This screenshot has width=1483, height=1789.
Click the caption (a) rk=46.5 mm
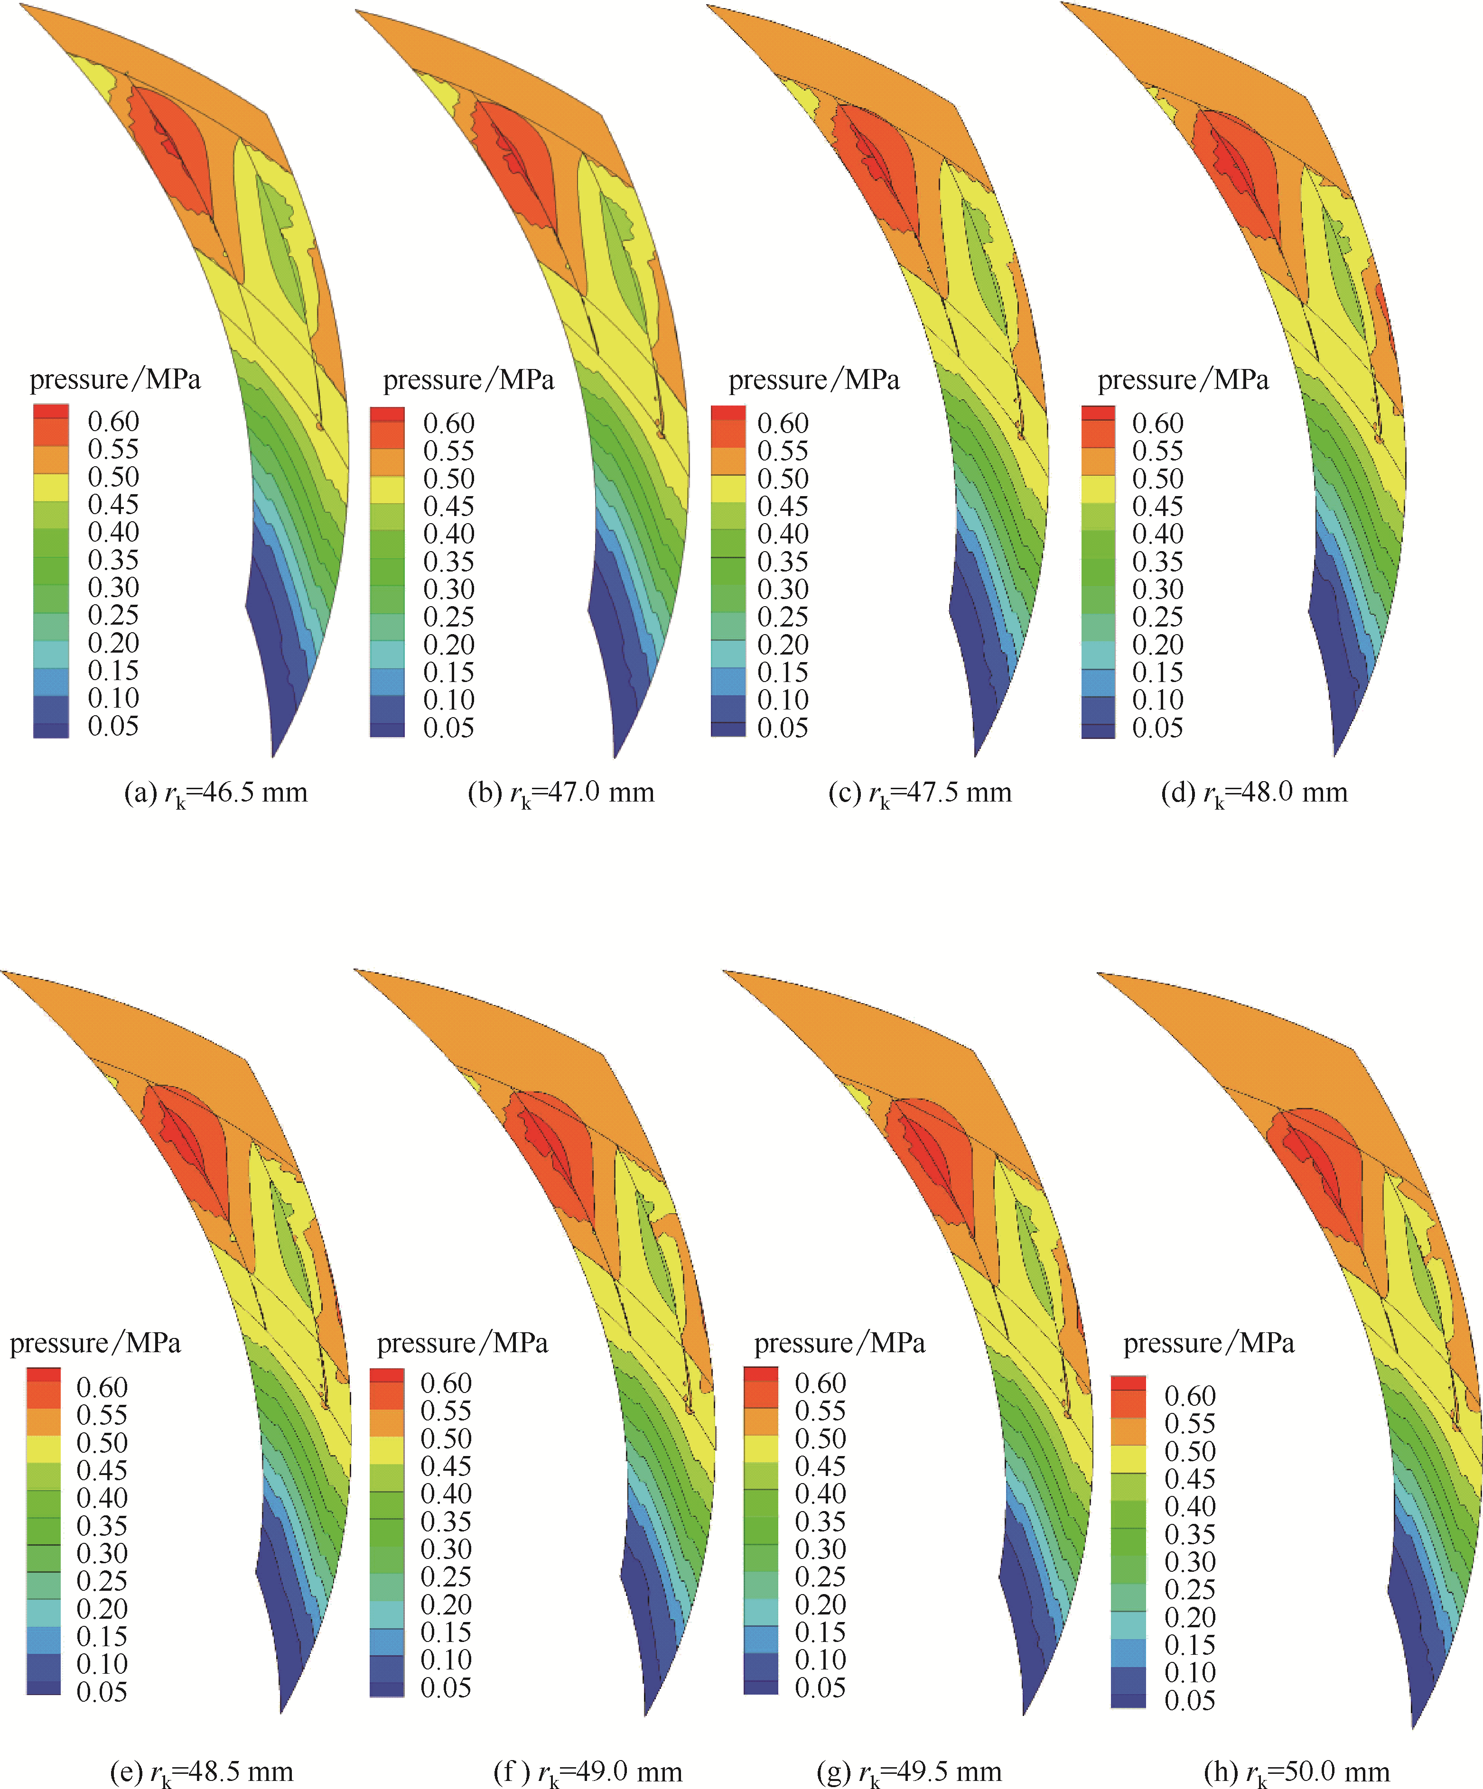pos(215,793)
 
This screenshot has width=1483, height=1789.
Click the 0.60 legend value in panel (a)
pos(113,422)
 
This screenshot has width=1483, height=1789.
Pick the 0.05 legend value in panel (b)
pos(448,728)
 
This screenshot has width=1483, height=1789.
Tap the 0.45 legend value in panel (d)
pos(1157,506)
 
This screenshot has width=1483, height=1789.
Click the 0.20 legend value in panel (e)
pos(103,1608)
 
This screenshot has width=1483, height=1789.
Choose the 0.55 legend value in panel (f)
pos(446,1411)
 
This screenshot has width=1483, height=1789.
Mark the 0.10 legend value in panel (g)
pos(820,1660)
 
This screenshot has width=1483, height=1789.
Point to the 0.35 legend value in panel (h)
pos(1190,1534)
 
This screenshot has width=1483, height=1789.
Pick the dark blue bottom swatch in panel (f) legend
pos(386,1688)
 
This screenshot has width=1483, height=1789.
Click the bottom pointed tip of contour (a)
pos(273,755)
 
